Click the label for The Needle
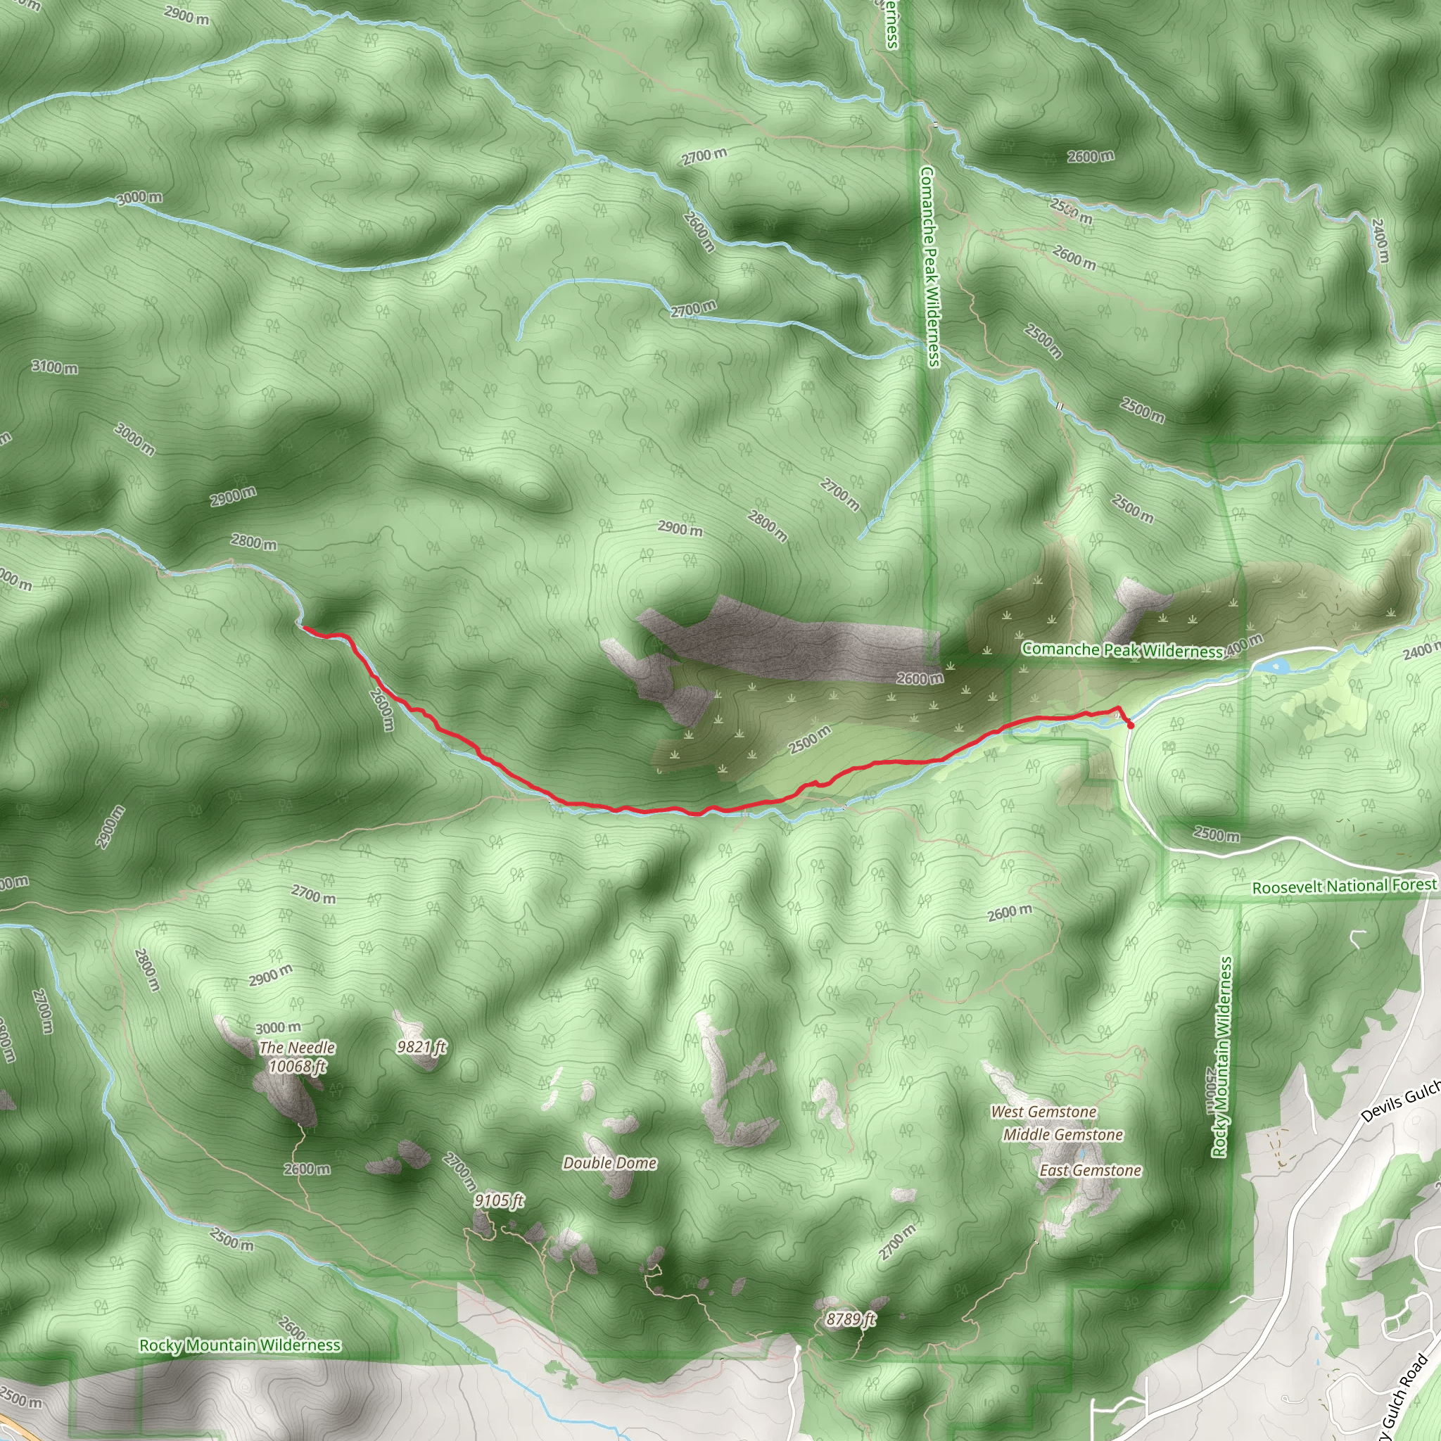296,1048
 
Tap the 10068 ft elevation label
296,1067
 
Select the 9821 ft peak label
421,1047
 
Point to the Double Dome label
609,1163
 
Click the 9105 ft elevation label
498,1200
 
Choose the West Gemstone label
1043,1112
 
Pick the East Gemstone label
1090,1170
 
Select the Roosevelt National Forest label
1343,886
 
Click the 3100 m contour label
54,367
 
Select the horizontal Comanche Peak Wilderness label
1121,649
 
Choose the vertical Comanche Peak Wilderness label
929,265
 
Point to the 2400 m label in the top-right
1380,240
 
